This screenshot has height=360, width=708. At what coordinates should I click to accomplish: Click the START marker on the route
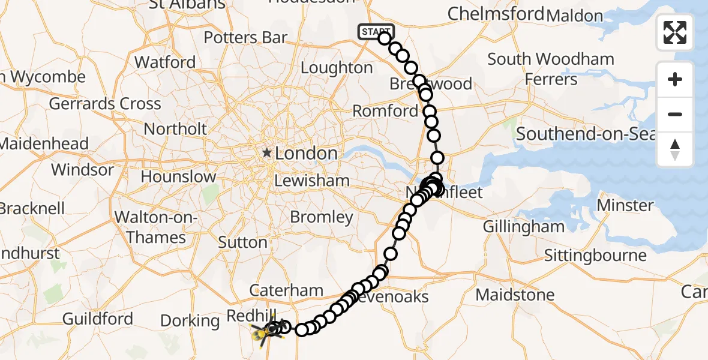pos(376,32)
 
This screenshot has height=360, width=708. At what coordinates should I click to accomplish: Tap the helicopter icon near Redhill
pos(264,332)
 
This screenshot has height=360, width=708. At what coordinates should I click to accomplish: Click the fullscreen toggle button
pos(675,32)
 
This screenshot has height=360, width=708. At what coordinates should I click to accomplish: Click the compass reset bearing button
pos(675,149)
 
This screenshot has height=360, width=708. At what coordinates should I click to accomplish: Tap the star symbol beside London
pos(266,154)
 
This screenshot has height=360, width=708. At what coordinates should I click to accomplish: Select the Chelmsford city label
pos(496,13)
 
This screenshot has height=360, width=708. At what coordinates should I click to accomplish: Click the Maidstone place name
pos(515,295)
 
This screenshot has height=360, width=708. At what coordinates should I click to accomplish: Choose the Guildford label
pos(97,319)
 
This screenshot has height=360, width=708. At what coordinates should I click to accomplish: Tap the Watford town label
pos(165,62)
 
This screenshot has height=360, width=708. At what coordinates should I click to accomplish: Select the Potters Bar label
pos(245,38)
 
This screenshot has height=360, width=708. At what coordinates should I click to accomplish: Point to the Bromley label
pos(322,217)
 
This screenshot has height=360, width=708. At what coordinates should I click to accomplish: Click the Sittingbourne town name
pos(595,256)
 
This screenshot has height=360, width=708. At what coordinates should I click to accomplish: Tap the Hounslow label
pos(178,177)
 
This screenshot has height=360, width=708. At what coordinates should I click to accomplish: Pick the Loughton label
pos(336,68)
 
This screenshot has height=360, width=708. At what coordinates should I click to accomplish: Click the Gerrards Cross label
pos(105,104)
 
